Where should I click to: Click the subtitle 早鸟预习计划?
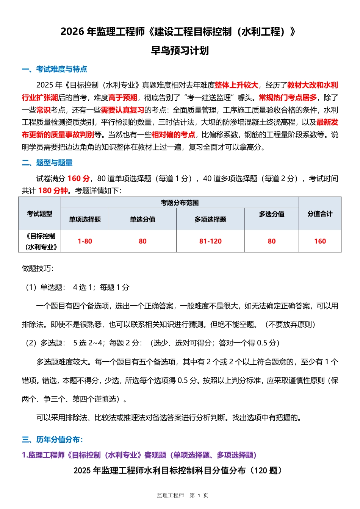coord(180,51)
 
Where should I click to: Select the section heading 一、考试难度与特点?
coord(55,69)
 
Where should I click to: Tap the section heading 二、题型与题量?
coord(47,163)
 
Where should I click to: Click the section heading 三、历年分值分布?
coord(52,440)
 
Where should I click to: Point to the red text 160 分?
coord(78,179)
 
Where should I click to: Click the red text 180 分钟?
coord(53,191)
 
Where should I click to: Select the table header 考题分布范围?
coord(180,203)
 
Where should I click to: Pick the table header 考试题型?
coord(39,214)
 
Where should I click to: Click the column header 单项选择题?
coord(85,219)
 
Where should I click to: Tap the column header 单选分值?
coord(142,219)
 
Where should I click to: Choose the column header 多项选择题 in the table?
coord(210,219)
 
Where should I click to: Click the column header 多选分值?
coord(272,214)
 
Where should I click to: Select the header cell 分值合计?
coord(320,214)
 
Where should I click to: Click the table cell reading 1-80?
coord(85,241)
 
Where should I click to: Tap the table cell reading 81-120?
coord(210,241)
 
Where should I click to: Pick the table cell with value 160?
coord(320,241)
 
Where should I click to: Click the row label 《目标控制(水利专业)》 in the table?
coord(41,242)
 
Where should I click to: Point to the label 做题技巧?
coord(38,269)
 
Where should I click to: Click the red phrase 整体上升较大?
coord(236,85)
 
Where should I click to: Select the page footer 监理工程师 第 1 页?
coord(183,495)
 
